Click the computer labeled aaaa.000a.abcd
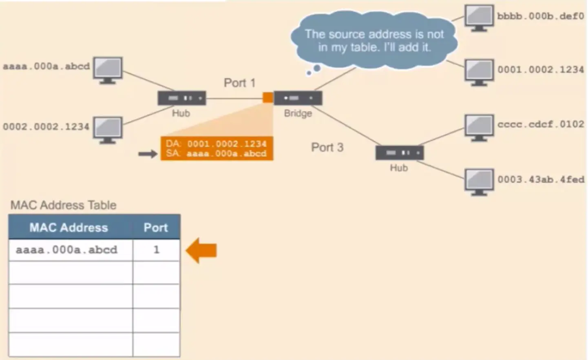pos(108,70)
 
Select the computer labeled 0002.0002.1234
pos(108,129)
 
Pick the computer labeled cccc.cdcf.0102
pos(479,127)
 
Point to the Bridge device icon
pos(298,98)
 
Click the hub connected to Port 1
pos(182,98)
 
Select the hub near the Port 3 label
pos(399,153)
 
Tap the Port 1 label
pos(239,83)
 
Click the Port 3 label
pos(327,147)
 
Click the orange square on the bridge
pos(268,97)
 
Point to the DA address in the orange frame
pos(227,144)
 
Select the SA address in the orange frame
pos(226,154)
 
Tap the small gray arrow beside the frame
pos(148,154)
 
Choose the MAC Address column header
pos(69,227)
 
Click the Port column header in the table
pos(156,227)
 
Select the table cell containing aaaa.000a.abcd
pos(66,250)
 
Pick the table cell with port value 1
pos(156,250)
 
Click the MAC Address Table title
pos(63,205)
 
